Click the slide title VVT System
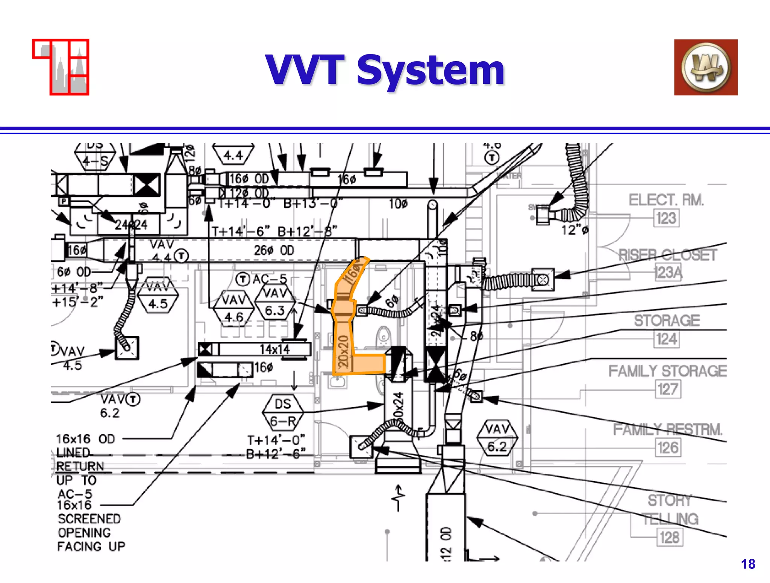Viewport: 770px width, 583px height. (385, 70)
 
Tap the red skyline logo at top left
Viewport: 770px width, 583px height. (61, 67)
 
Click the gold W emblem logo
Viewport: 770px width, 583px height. (706, 67)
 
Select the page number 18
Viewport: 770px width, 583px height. (748, 564)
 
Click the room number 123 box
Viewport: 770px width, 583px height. (666, 218)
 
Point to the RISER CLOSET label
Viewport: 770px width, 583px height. (668, 255)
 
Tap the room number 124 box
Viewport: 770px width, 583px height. (666, 339)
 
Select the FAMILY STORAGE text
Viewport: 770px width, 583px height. (667, 371)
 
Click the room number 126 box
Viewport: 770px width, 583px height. (668, 448)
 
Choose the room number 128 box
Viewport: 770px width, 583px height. (669, 537)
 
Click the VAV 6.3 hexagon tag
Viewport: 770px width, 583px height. (275, 302)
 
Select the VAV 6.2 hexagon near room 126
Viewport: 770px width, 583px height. (497, 438)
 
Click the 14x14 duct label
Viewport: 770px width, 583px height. (275, 349)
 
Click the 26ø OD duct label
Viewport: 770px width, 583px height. (274, 251)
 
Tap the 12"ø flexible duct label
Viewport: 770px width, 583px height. (574, 230)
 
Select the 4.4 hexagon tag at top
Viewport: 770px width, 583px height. (233, 154)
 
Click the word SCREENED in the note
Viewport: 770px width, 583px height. (89, 519)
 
